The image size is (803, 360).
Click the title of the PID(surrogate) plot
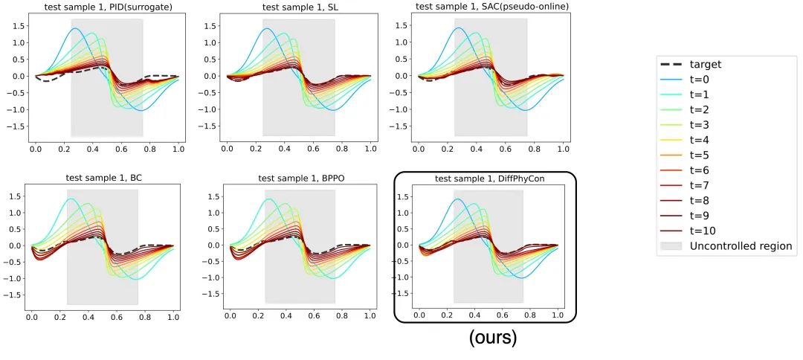tap(106, 8)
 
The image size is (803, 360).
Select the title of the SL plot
tap(298, 8)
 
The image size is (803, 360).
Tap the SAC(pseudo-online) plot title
tap(491, 8)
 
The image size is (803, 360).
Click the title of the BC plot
tap(103, 179)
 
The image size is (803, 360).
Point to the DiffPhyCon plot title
tap(488, 179)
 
